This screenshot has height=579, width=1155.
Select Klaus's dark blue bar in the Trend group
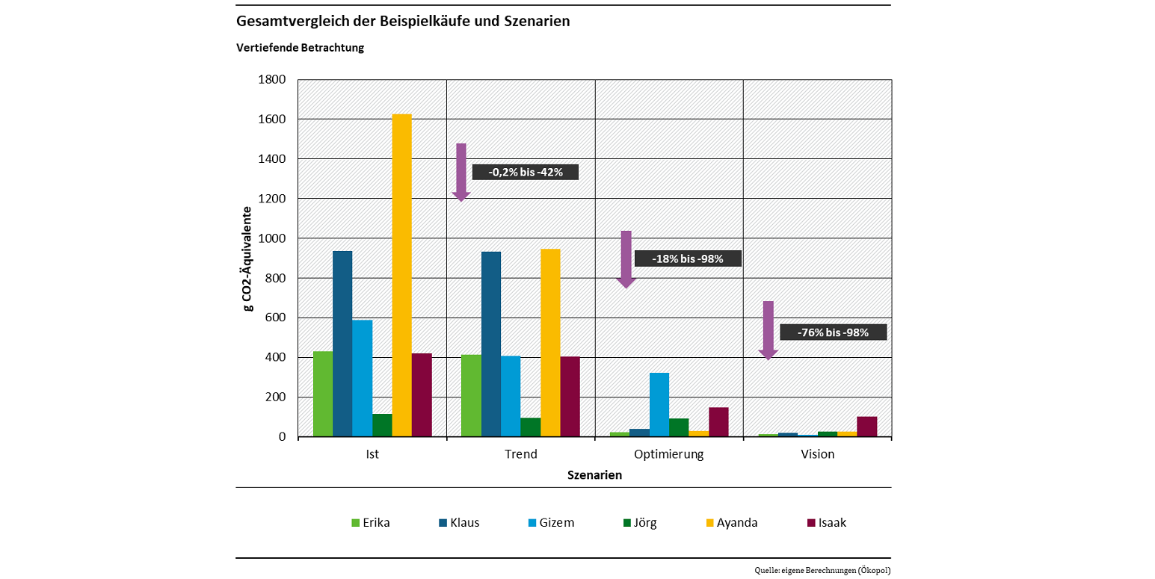tap(491, 344)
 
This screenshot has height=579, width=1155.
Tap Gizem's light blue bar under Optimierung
tap(659, 404)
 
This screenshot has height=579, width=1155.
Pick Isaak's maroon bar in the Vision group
tap(866, 427)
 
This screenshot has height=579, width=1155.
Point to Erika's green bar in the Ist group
tap(323, 394)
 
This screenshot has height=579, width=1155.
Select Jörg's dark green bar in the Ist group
tap(382, 425)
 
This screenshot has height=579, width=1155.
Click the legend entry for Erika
tap(371, 523)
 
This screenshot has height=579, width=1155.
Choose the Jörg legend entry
tap(638, 523)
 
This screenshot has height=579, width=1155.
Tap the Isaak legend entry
tap(827, 523)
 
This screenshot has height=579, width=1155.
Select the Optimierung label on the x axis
tap(668, 454)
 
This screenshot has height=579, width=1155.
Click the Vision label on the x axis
tap(817, 454)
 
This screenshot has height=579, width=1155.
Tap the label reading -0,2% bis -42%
tap(526, 172)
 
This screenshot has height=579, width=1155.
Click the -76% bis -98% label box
tap(833, 332)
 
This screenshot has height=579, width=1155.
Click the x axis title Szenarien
tap(594, 475)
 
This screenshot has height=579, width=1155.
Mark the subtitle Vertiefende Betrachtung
tap(300, 48)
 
